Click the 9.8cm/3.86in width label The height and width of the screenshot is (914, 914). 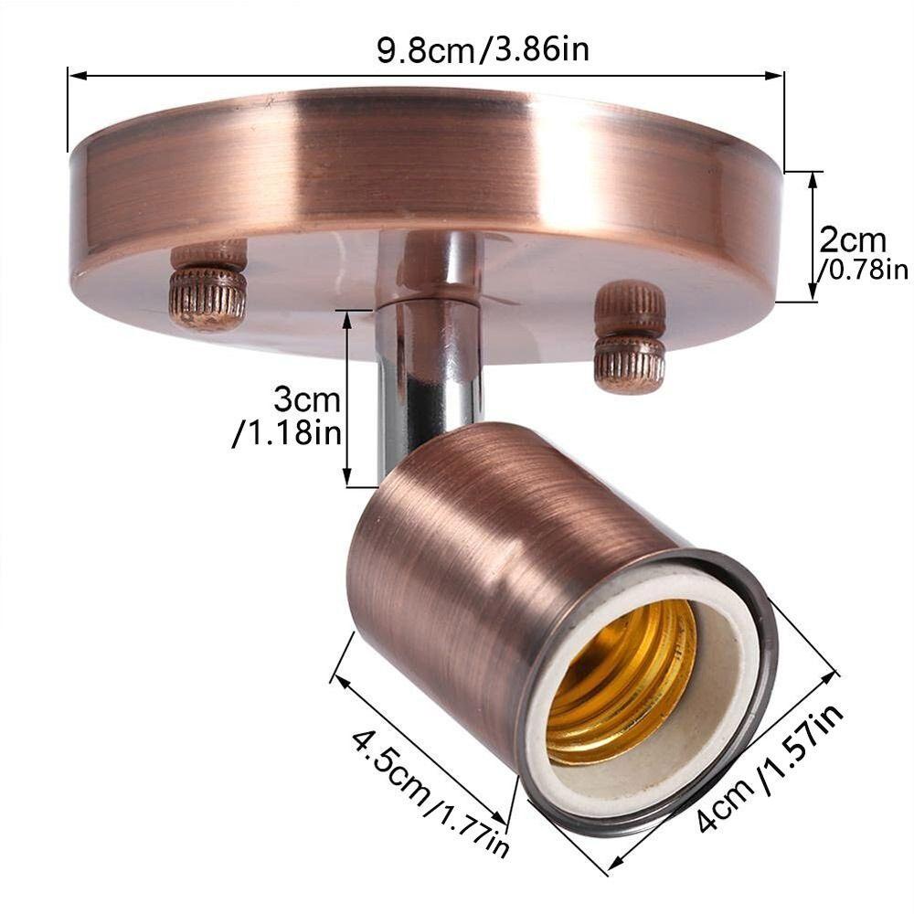coord(484,49)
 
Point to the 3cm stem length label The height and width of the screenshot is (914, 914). coord(307,400)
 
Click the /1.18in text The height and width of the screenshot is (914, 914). coord(287,432)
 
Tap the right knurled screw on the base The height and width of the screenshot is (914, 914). coord(630,336)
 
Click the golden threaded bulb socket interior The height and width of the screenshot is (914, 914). coord(622,681)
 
